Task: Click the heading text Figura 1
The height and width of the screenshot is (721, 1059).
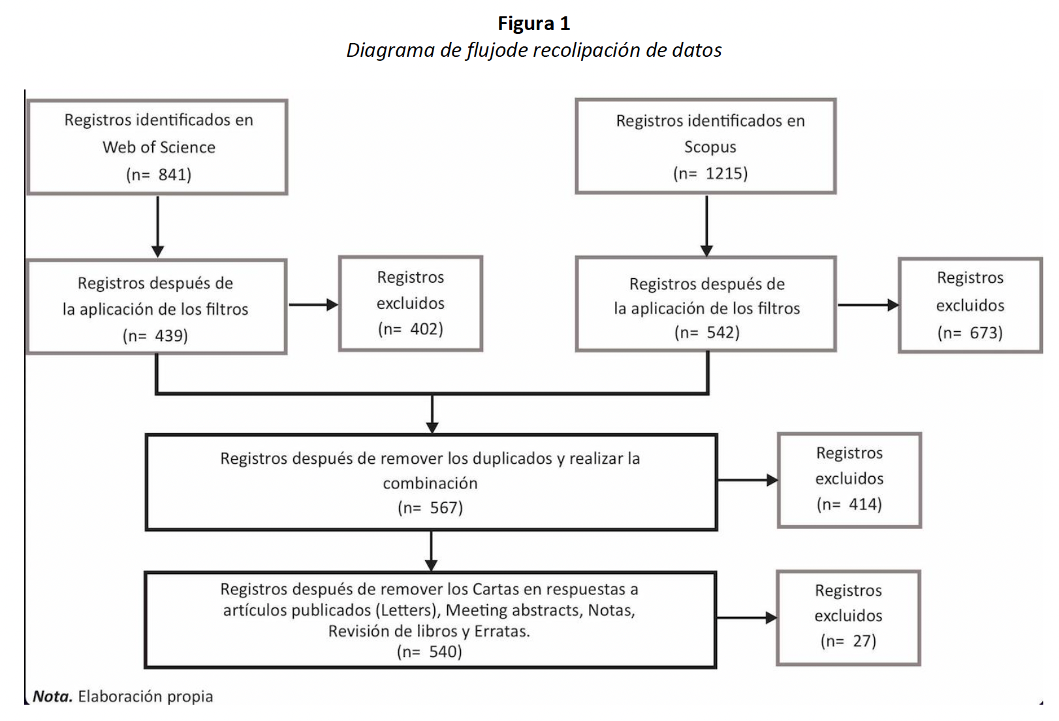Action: pyautogui.click(x=533, y=24)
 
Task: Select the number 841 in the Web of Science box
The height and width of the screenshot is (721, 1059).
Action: pyautogui.click(x=174, y=174)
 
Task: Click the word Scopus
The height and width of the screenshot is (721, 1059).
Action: pyautogui.click(x=710, y=147)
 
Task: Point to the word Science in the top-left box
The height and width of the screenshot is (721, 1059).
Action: pyautogui.click(x=187, y=147)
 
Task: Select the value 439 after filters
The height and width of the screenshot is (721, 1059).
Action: pyautogui.click(x=170, y=336)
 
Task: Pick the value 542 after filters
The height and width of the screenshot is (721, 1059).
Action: pyautogui.click(x=722, y=332)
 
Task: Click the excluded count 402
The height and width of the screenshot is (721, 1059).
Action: pyautogui.click(x=426, y=329)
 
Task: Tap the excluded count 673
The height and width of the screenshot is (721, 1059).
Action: pyautogui.click(x=985, y=333)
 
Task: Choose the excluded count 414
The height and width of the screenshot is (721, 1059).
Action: pyautogui.click(x=864, y=504)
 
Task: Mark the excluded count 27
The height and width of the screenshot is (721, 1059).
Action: pyautogui.click(x=864, y=641)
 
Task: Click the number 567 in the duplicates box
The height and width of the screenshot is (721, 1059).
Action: pyautogui.click(x=445, y=507)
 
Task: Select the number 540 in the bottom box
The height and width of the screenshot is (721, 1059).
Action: pyautogui.click(x=445, y=652)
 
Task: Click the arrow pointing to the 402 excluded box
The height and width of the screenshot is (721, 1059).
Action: pyautogui.click(x=313, y=304)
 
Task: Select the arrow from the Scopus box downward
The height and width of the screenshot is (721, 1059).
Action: pyautogui.click(x=706, y=225)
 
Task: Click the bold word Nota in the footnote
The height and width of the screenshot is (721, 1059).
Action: pyautogui.click(x=52, y=697)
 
